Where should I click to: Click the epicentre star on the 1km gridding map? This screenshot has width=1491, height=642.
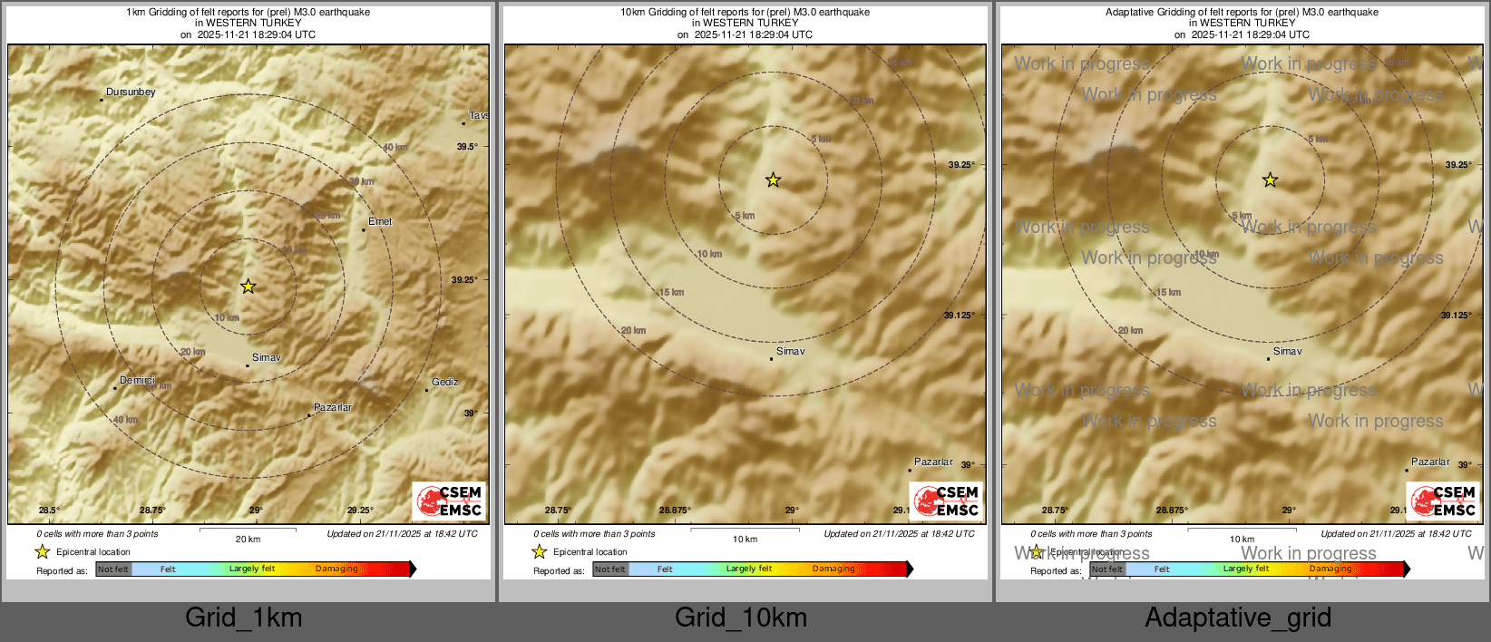(248, 287)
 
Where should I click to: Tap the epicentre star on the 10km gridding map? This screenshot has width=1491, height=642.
(773, 180)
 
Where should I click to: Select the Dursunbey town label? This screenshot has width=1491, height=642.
(131, 92)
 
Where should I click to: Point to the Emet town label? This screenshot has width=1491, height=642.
(380, 221)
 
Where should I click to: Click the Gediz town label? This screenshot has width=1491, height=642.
(444, 382)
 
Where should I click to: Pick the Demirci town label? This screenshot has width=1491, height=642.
(137, 380)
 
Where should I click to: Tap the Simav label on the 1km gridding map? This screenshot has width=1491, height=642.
(266, 357)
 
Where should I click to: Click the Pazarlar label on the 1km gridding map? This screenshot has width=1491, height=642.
(333, 407)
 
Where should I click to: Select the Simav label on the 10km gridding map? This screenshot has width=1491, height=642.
(790, 351)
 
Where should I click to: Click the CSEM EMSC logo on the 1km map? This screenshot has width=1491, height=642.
(449, 501)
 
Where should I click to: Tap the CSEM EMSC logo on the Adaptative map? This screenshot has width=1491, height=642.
(1443, 501)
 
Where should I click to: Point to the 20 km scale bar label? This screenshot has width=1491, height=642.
(248, 539)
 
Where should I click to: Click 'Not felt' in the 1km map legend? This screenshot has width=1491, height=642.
(113, 569)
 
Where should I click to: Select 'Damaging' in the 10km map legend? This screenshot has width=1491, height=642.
(833, 569)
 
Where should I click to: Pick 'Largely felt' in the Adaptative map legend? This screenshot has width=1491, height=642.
(1245, 569)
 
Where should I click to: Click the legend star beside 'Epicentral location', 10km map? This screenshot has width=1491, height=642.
(539, 551)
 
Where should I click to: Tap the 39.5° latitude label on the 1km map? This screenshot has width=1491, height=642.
(467, 146)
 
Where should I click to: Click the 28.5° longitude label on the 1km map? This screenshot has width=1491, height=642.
(49, 511)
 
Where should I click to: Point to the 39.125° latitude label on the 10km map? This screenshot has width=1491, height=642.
(960, 316)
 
